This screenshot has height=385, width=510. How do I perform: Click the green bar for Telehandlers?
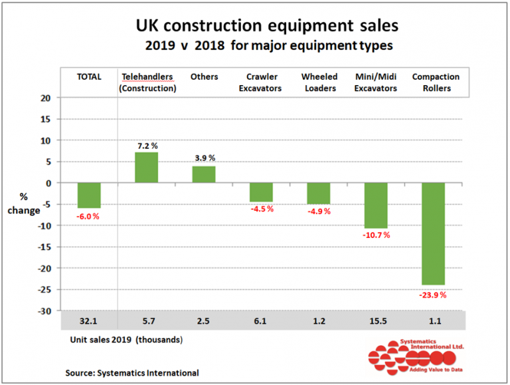[x=146, y=168]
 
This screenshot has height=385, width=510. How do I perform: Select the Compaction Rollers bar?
[x=433, y=233]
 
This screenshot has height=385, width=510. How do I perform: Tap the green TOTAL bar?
[x=88, y=195]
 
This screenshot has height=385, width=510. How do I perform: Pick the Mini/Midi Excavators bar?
[x=376, y=205]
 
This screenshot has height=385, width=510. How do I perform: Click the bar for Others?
[x=204, y=174]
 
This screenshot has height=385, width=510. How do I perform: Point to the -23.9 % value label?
[x=433, y=295]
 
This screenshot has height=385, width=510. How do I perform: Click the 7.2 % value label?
[x=146, y=145]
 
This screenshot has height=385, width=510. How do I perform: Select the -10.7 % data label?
[x=376, y=235]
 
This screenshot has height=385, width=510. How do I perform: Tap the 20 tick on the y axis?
[x=45, y=98]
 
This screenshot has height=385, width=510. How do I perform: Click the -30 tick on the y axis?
[x=44, y=311]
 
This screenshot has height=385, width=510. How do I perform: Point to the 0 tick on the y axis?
[x=47, y=183]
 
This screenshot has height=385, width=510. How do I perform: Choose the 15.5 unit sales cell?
[x=376, y=321]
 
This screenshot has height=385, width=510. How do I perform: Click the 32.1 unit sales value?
[x=88, y=321]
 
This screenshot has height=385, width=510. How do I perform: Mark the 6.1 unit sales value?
[x=261, y=321]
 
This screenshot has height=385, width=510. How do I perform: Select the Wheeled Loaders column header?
[x=319, y=82]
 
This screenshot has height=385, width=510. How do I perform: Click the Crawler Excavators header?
[x=261, y=82]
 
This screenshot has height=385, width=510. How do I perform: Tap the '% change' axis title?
[x=29, y=203]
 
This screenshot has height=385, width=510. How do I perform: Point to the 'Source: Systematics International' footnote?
[x=132, y=372]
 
